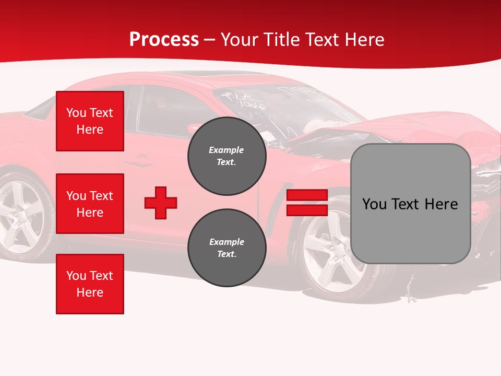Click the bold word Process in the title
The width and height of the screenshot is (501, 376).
[x=164, y=40]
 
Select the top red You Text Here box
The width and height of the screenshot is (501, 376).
[x=90, y=121]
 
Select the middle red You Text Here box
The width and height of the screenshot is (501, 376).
[x=90, y=204]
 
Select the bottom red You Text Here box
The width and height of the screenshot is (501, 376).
[x=90, y=284]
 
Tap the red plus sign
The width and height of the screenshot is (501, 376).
[x=161, y=203]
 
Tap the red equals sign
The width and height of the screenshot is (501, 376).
[x=307, y=203]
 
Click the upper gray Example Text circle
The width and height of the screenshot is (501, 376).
[x=226, y=156]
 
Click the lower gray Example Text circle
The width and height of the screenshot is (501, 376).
[x=226, y=248]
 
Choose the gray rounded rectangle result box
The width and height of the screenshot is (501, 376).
[x=410, y=204]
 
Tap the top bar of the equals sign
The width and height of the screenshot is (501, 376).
[x=307, y=195]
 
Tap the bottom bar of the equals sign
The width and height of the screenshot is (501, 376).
[x=307, y=210]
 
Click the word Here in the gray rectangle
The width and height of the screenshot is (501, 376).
[x=440, y=204]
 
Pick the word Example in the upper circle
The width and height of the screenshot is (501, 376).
[x=226, y=150]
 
